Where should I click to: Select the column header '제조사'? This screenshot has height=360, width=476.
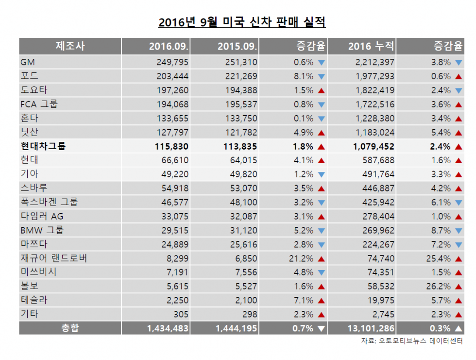point(70,47)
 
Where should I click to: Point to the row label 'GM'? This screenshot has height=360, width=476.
point(28,62)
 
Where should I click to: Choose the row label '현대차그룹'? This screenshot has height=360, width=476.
point(43,146)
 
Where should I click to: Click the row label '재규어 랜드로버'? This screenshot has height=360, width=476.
point(54,258)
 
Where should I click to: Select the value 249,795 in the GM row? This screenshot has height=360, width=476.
point(172,62)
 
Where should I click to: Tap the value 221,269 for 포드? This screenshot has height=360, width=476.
point(241,76)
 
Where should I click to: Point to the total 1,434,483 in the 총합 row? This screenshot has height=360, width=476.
point(168,328)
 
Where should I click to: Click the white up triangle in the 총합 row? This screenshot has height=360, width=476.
point(458,328)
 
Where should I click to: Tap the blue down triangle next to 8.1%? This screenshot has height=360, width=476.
point(321,76)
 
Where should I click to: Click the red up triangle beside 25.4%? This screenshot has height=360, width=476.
point(458,258)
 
